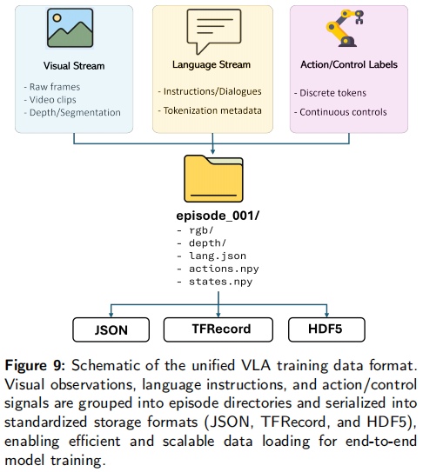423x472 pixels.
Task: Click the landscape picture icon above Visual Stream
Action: pyautogui.click(x=70, y=28)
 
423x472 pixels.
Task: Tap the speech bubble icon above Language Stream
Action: pyautogui.click(x=214, y=31)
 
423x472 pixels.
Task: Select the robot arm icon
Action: pyautogui.click(x=345, y=28)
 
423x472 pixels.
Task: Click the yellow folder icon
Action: pyautogui.click(x=213, y=178)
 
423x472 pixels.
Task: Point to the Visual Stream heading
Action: pyautogui.click(x=74, y=65)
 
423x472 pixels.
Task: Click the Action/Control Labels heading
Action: pyautogui.click(x=349, y=64)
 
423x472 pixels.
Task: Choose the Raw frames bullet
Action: pyautogui.click(x=52, y=87)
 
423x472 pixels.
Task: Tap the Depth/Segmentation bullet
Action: pyautogui.click(x=72, y=113)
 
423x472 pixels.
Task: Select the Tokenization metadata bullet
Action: pyautogui.click(x=210, y=110)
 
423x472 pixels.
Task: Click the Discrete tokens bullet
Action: pyautogui.click(x=330, y=93)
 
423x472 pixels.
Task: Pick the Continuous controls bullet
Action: pyautogui.click(x=340, y=112)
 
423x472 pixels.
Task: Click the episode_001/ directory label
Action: pyautogui.click(x=218, y=216)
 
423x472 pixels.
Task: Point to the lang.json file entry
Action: pyautogui.click(x=211, y=256)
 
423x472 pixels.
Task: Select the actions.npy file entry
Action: pyautogui.click(x=218, y=269)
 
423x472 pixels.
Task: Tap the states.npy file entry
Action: pyautogui.click(x=215, y=282)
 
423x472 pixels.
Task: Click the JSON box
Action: pyautogui.click(x=111, y=329)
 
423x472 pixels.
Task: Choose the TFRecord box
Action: pyautogui.click(x=218, y=329)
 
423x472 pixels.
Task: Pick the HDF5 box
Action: pyautogui.click(x=326, y=329)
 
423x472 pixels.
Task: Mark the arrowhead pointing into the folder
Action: pyautogui.click(x=213, y=152)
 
